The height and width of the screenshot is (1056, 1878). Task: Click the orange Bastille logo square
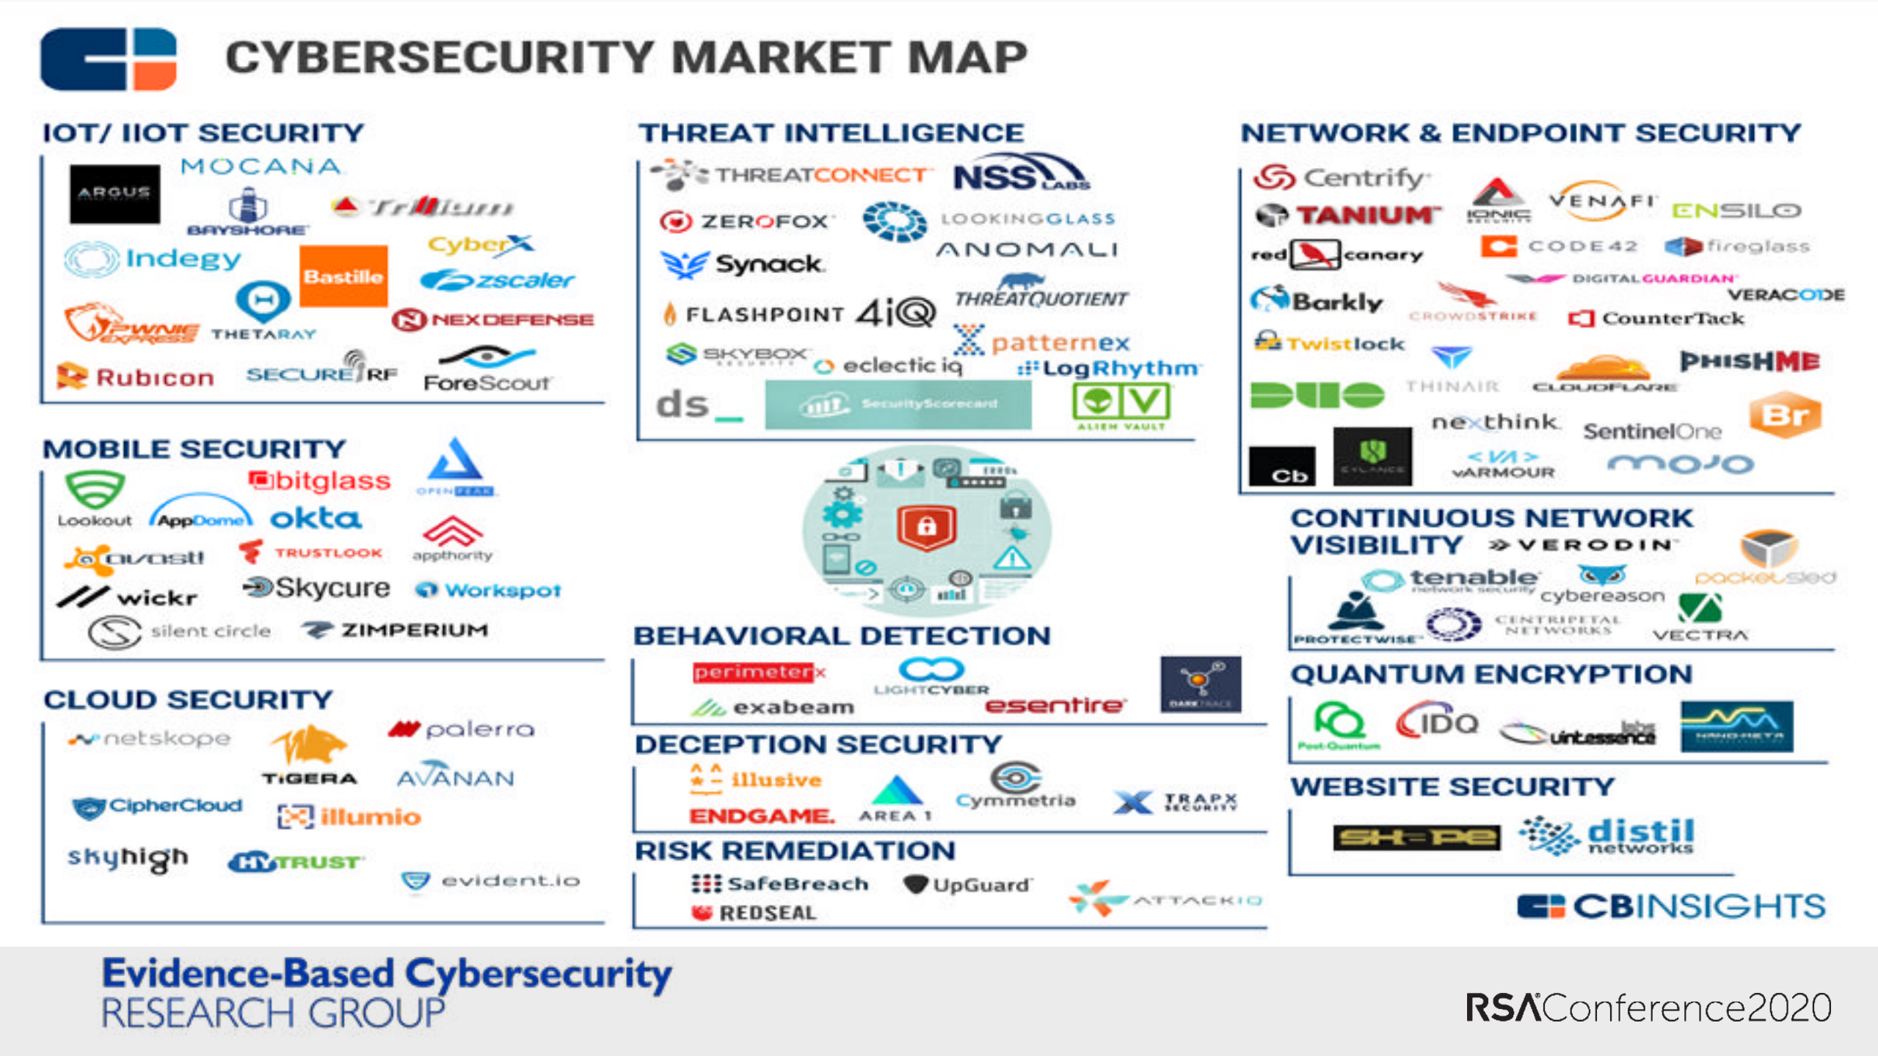pos(343,276)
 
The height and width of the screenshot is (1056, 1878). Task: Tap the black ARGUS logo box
pos(114,193)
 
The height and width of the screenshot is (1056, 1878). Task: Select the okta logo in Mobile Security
pos(316,519)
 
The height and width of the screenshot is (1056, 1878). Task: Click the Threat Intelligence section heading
pos(831,133)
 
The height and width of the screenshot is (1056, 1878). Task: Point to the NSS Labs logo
pos(1021,175)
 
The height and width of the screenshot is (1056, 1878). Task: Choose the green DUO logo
pos(1317,395)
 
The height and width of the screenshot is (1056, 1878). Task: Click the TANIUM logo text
pos(1366,215)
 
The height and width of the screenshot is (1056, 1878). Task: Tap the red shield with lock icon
pos(926,526)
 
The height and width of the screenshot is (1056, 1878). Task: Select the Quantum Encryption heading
pos(1491,674)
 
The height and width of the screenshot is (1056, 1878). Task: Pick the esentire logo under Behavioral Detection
pos(1055,705)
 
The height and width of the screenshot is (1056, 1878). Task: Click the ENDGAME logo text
pos(761,815)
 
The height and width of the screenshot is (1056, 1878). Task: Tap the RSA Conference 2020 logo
pos(1648,1008)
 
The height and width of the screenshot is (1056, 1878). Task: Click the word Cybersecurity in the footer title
pos(538,975)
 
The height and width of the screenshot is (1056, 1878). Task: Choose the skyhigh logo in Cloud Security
pos(128,857)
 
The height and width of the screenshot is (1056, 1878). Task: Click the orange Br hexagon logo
pos(1785,415)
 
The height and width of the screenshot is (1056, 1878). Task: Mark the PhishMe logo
pos(1750,361)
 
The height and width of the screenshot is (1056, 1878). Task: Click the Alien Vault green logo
pos(1121,405)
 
